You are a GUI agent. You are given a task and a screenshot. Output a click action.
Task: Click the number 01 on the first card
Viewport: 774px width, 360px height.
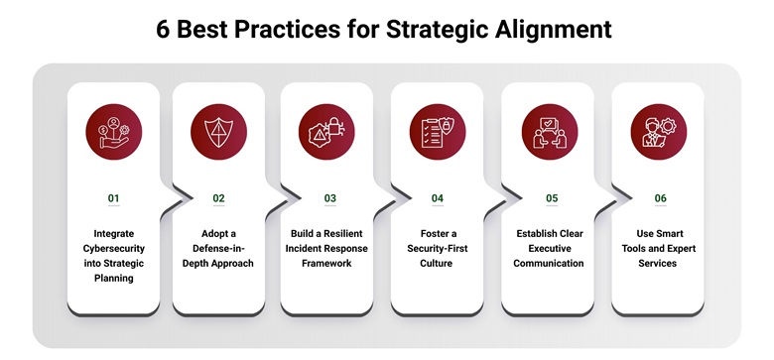point(113,198)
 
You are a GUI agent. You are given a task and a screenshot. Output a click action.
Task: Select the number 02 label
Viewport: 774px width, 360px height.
point(219,198)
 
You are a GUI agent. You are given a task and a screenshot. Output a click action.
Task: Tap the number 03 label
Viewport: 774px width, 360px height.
point(329,198)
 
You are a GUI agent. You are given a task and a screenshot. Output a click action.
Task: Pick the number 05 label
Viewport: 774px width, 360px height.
point(551,198)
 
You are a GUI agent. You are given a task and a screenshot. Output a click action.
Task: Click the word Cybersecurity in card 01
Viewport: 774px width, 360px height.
point(113,249)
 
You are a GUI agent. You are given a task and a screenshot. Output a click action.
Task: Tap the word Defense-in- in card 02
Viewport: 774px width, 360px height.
point(219,249)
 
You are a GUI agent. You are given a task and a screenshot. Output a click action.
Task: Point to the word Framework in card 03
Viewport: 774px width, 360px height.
point(328,264)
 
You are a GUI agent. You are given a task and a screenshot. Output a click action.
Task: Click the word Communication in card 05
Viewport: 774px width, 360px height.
point(550,264)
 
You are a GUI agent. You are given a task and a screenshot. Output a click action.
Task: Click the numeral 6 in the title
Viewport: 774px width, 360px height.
point(164,29)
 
